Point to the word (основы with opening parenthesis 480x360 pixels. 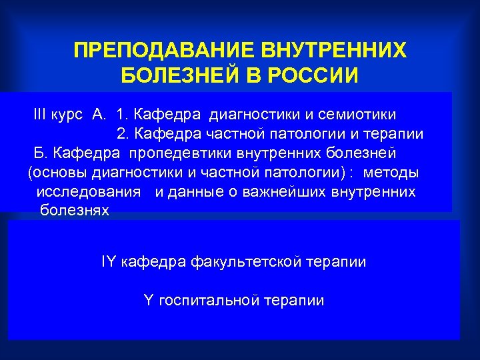[56, 173]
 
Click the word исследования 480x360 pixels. [89, 192]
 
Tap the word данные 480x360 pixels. [195, 192]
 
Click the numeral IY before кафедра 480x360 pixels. [109, 261]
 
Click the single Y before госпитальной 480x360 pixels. [148, 301]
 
